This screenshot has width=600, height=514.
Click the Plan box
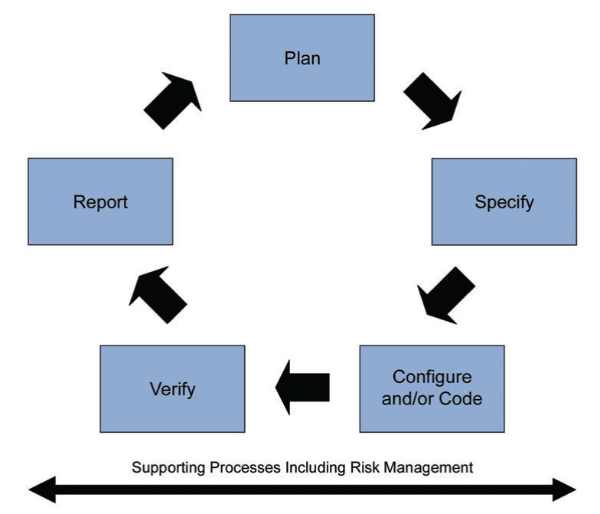click(x=302, y=57)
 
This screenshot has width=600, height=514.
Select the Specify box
click(x=504, y=201)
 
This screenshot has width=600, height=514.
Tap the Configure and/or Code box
click(x=432, y=388)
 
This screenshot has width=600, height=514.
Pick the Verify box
click(x=172, y=388)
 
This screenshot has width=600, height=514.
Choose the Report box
click(x=100, y=201)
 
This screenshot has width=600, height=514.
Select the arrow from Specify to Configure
click(x=445, y=295)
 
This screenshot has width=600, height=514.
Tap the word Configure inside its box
click(x=432, y=377)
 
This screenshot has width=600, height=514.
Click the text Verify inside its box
click(x=172, y=388)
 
